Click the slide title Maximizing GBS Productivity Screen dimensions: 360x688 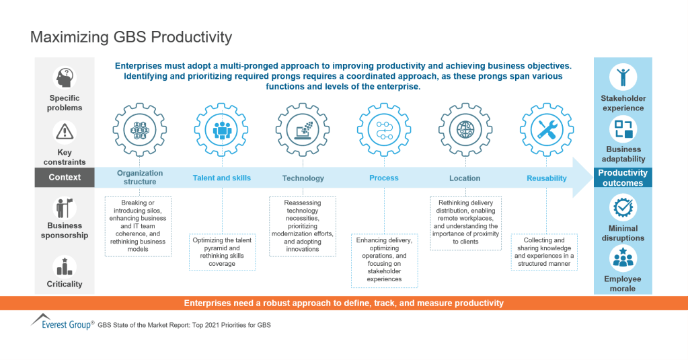click(x=131, y=37)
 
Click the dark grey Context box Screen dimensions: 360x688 click(x=65, y=178)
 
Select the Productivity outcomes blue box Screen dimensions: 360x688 click(x=623, y=178)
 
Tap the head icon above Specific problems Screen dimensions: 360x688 click(x=65, y=78)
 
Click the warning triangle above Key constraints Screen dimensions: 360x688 click(x=65, y=131)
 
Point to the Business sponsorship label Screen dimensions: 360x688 click(x=65, y=231)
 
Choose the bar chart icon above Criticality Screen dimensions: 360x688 click(x=65, y=266)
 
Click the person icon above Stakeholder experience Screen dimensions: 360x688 click(x=622, y=77)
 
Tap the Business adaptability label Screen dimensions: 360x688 click(x=623, y=154)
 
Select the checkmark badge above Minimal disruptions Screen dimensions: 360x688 click(x=622, y=209)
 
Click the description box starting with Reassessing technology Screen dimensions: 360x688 click(x=303, y=226)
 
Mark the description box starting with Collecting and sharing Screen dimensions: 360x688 click(x=545, y=252)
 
